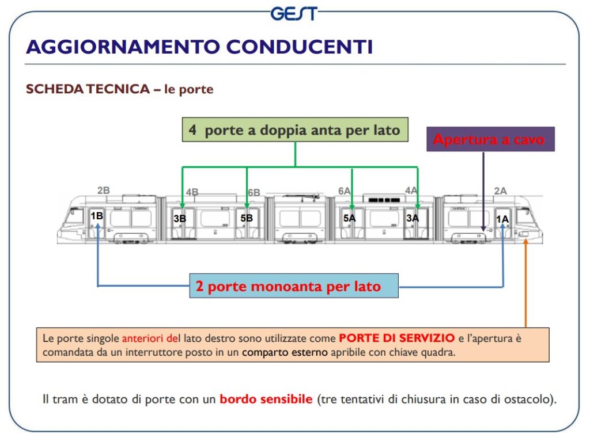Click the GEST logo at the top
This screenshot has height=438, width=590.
pos(294,14)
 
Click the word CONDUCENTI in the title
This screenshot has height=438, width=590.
pos(299,47)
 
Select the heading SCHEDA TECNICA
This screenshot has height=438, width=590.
pos(88,89)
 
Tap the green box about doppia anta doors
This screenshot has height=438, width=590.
pos(295,130)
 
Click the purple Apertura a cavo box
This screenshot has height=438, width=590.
pos(490,139)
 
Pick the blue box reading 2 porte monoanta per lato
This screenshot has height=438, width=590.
pos(293,286)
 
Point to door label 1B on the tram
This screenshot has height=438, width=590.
pos(97,216)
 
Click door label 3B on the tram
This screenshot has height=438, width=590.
pos(180,219)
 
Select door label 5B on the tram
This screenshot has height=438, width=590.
pos(247,218)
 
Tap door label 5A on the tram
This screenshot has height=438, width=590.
pos(349,218)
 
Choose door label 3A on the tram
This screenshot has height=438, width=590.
pos(413,218)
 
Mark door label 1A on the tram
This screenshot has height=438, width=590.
pos(502,219)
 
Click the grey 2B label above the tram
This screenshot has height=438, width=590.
pos(104,191)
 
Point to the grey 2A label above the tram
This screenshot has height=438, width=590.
pos(500,191)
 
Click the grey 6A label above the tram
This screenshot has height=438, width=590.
pos(344,191)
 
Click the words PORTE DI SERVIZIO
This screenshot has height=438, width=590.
pos(396,338)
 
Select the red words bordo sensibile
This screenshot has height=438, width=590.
pos(266,399)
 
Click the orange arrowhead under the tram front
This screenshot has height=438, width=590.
pos(525,241)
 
